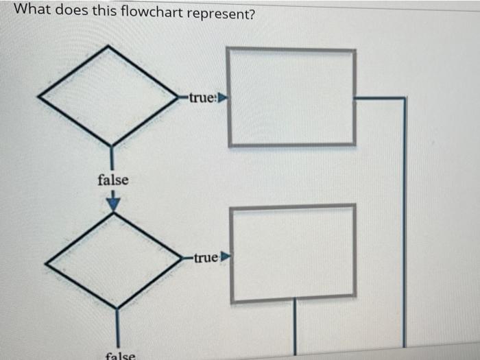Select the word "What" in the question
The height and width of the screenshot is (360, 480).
(x=30, y=10)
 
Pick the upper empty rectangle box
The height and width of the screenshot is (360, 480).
(x=291, y=97)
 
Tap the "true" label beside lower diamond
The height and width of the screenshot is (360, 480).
(x=205, y=259)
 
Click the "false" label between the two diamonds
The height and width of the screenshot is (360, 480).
(x=112, y=180)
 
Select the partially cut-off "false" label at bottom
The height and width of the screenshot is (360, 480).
(x=121, y=355)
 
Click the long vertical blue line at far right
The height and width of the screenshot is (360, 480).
(x=405, y=226)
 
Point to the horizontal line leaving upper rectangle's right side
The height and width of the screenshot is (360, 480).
(x=380, y=98)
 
